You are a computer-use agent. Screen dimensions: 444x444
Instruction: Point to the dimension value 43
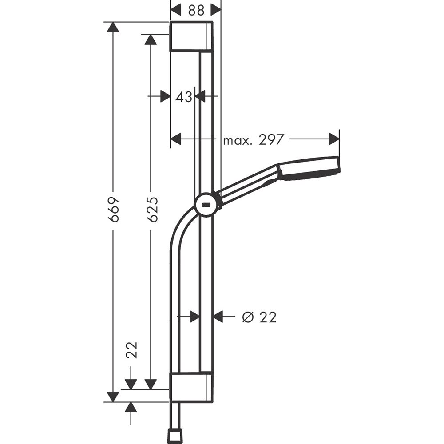tap(183, 96)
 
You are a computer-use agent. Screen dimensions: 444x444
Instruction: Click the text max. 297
tap(253, 140)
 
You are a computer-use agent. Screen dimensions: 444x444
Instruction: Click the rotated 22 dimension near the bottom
tap(131, 350)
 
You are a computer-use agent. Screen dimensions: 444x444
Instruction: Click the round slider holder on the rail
tap(206, 206)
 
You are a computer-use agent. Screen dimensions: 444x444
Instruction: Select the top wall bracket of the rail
tap(191, 36)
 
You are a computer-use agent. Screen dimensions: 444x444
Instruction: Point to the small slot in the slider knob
tap(206, 206)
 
